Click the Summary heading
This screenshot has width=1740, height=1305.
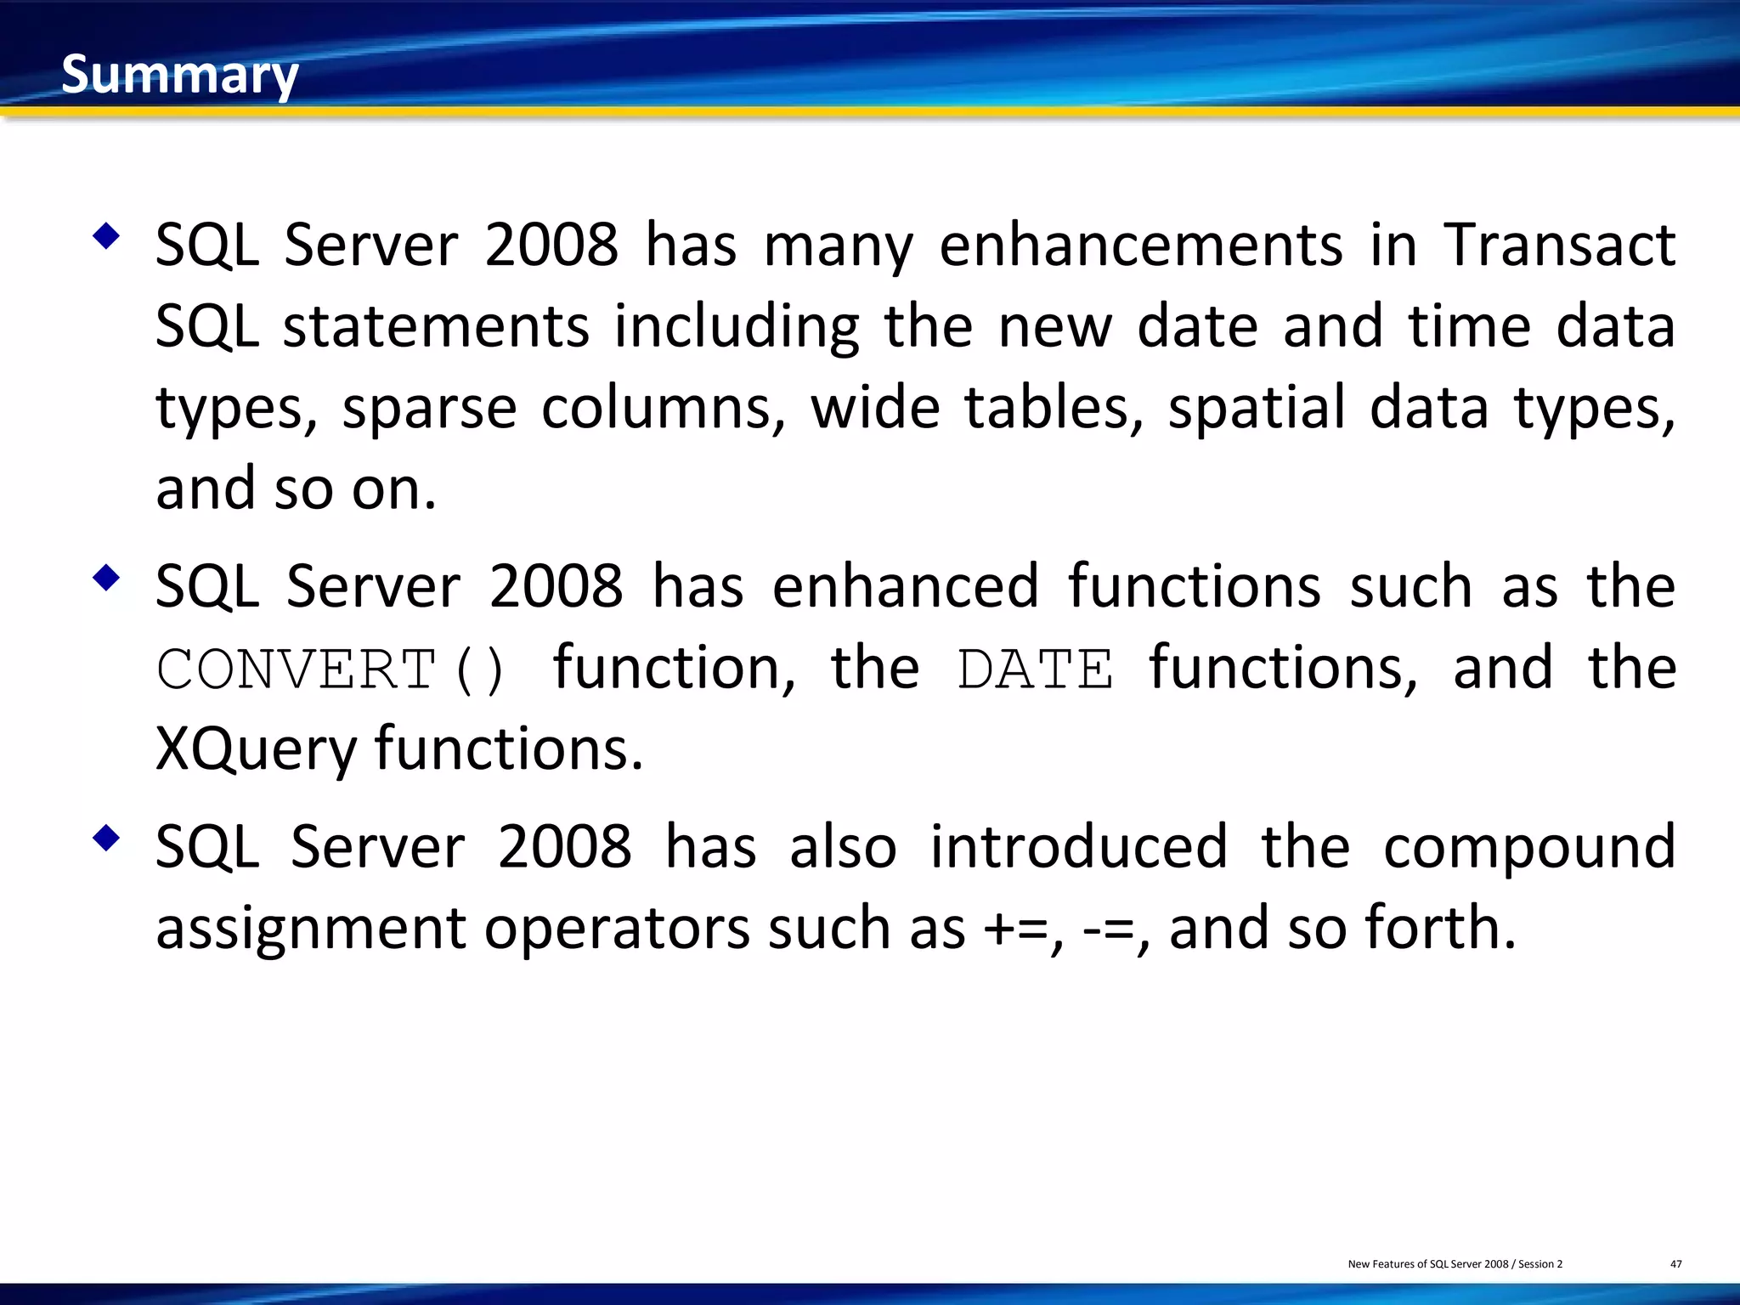coord(179,75)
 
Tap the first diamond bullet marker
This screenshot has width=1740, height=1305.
coord(106,235)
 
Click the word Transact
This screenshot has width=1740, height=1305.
coord(1560,246)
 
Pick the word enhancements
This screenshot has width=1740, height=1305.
coord(1141,246)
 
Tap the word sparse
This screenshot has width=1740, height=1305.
coord(429,409)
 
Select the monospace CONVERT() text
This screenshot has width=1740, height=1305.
coord(331,669)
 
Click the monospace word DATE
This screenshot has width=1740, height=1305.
coord(1035,669)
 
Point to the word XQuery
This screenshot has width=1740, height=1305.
coord(256,749)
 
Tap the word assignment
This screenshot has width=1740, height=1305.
coord(311,928)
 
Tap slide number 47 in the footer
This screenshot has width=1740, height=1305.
coord(1675,1264)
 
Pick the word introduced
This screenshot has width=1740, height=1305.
coord(1079,847)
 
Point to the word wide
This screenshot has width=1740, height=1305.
coord(875,409)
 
